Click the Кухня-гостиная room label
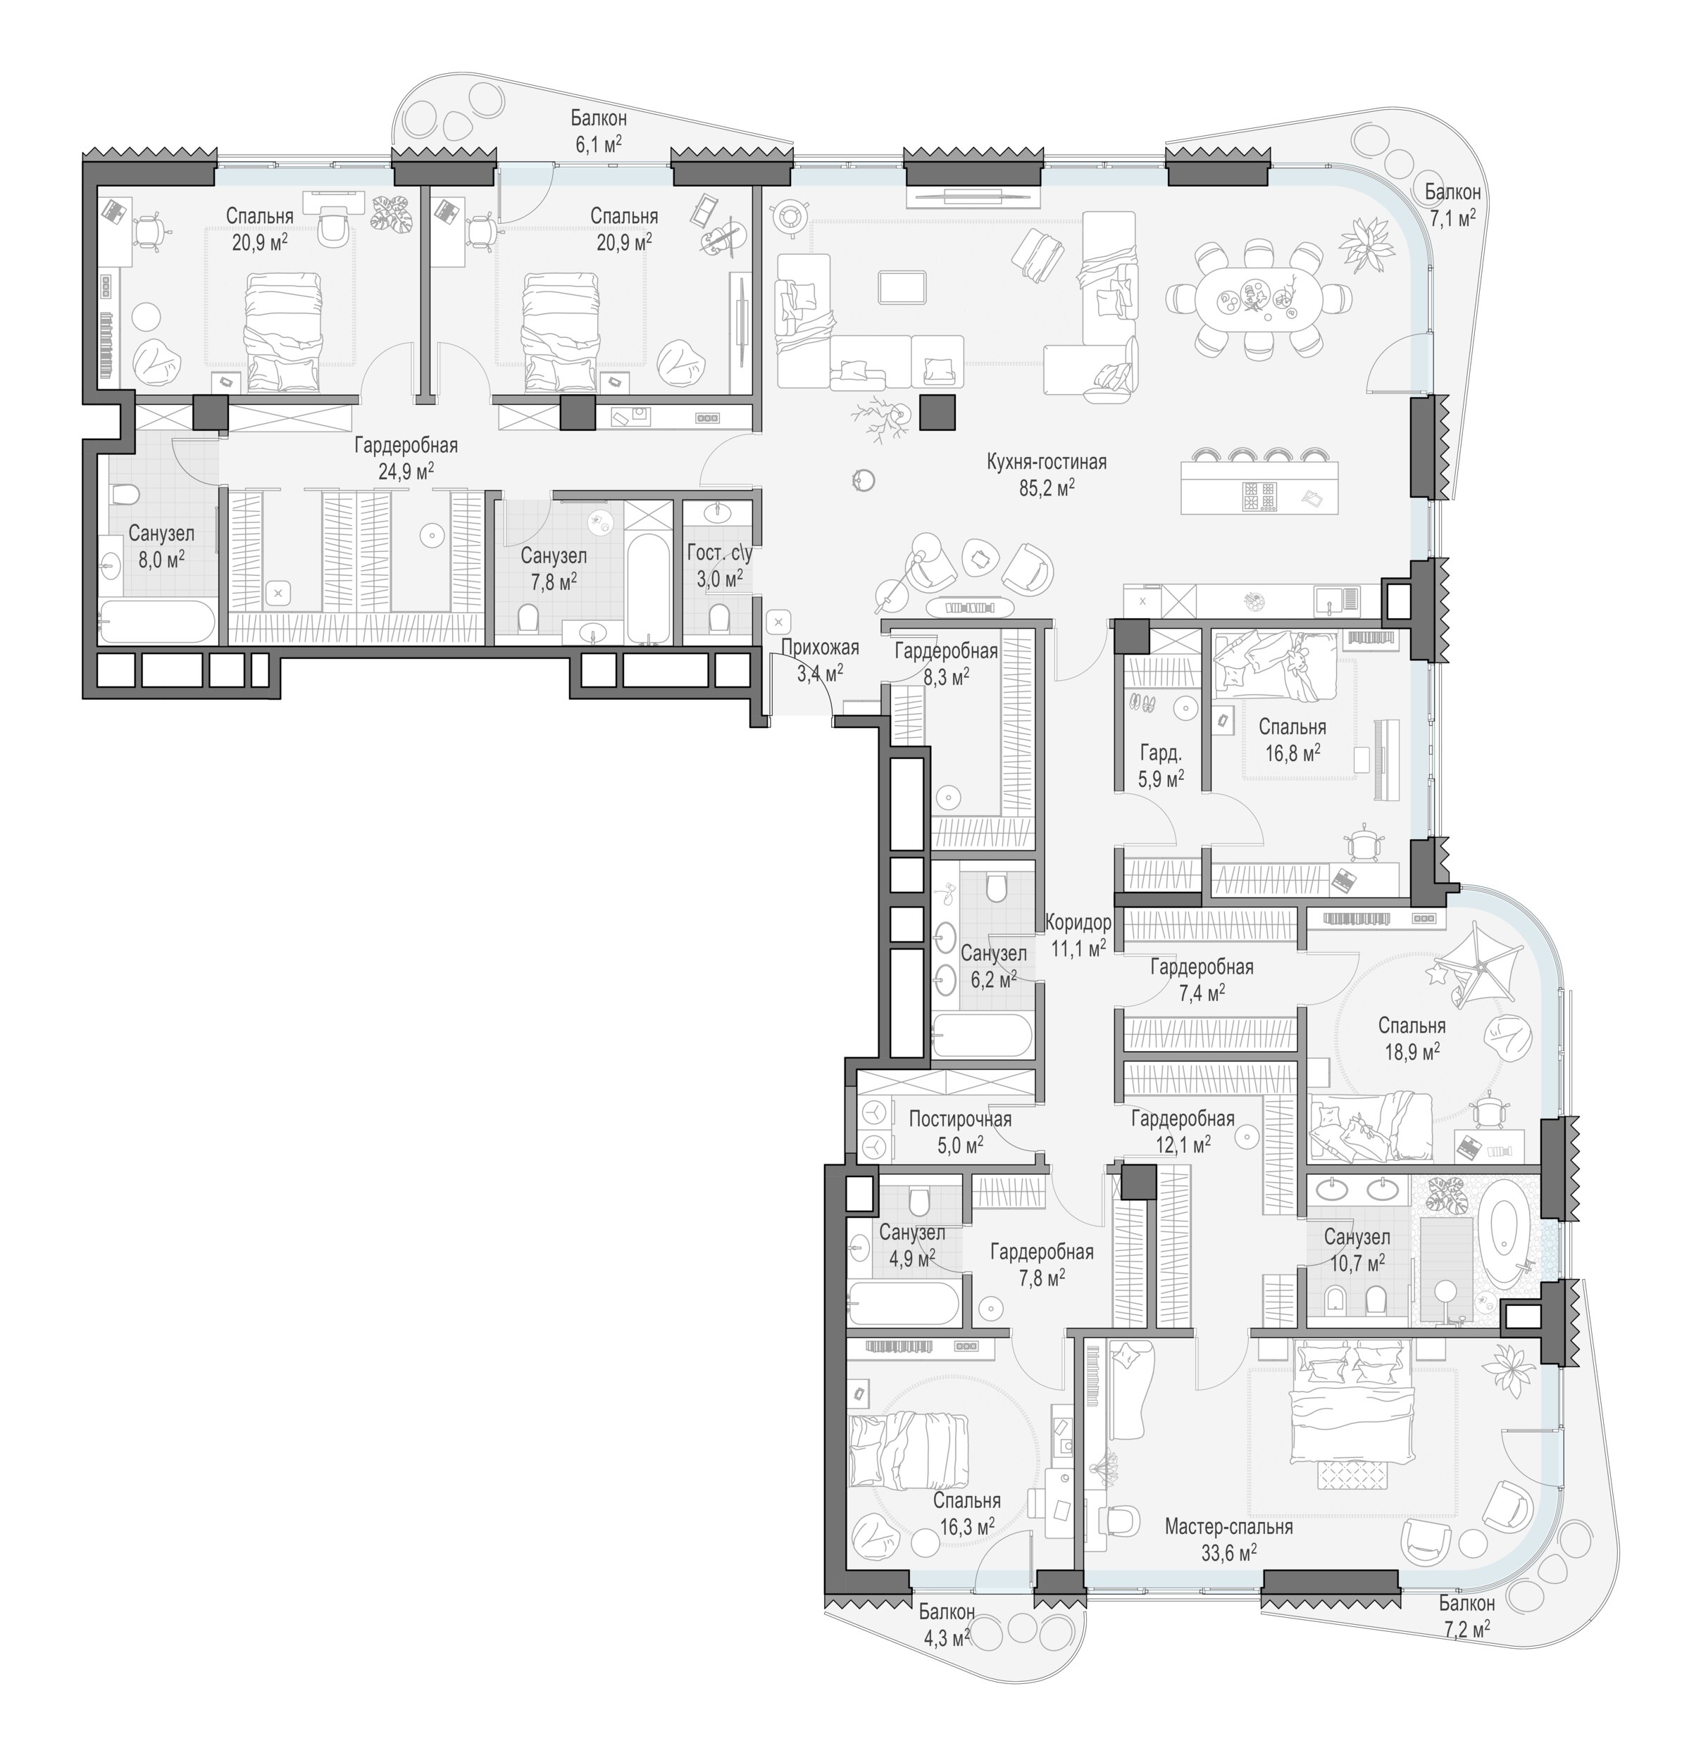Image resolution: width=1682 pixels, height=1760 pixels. pyautogui.click(x=1046, y=463)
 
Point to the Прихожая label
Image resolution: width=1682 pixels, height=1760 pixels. pyautogui.click(x=819, y=648)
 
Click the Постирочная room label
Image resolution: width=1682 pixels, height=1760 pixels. pyautogui.click(x=960, y=1119)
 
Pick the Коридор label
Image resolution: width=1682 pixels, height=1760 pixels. pyautogui.click(x=1078, y=922)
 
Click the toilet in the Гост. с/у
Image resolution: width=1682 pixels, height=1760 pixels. pyautogui.click(x=718, y=617)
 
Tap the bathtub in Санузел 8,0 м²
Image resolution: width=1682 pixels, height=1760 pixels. pyautogui.click(x=157, y=621)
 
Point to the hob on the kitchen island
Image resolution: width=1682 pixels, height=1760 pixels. pyautogui.click(x=1258, y=496)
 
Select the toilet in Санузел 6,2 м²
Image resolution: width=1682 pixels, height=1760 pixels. pyautogui.click(x=996, y=887)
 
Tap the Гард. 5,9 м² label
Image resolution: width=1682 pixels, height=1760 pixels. pyautogui.click(x=1161, y=765)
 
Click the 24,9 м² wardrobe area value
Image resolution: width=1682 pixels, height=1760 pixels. pyautogui.click(x=406, y=470)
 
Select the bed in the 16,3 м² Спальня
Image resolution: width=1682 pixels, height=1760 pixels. pyautogui.click(x=910, y=1451)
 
